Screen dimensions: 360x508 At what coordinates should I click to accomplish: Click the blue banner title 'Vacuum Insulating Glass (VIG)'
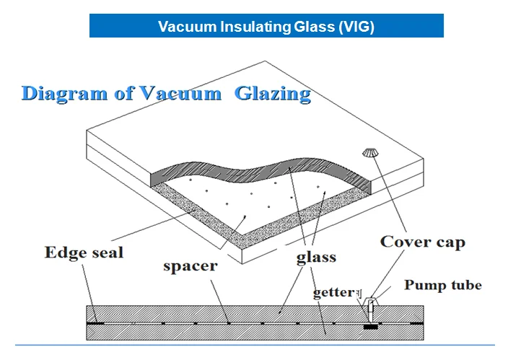[x=266, y=27]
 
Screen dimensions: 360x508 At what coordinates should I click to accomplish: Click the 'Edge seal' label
[x=84, y=253]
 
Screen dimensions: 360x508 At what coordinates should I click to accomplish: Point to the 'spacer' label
[x=190, y=265]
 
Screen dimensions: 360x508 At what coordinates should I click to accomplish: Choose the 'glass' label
[x=316, y=257]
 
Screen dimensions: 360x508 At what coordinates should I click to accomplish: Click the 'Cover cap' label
[x=422, y=242]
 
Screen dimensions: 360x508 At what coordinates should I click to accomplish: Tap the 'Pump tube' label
[x=442, y=285]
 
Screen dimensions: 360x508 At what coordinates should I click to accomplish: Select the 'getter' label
[x=334, y=293]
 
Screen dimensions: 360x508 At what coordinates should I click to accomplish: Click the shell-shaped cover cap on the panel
[x=370, y=152]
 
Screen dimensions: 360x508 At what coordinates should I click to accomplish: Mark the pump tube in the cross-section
[x=369, y=311]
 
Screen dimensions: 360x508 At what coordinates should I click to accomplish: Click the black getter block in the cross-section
[x=370, y=326]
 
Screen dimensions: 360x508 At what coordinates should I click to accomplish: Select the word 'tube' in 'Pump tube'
[x=465, y=285]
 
